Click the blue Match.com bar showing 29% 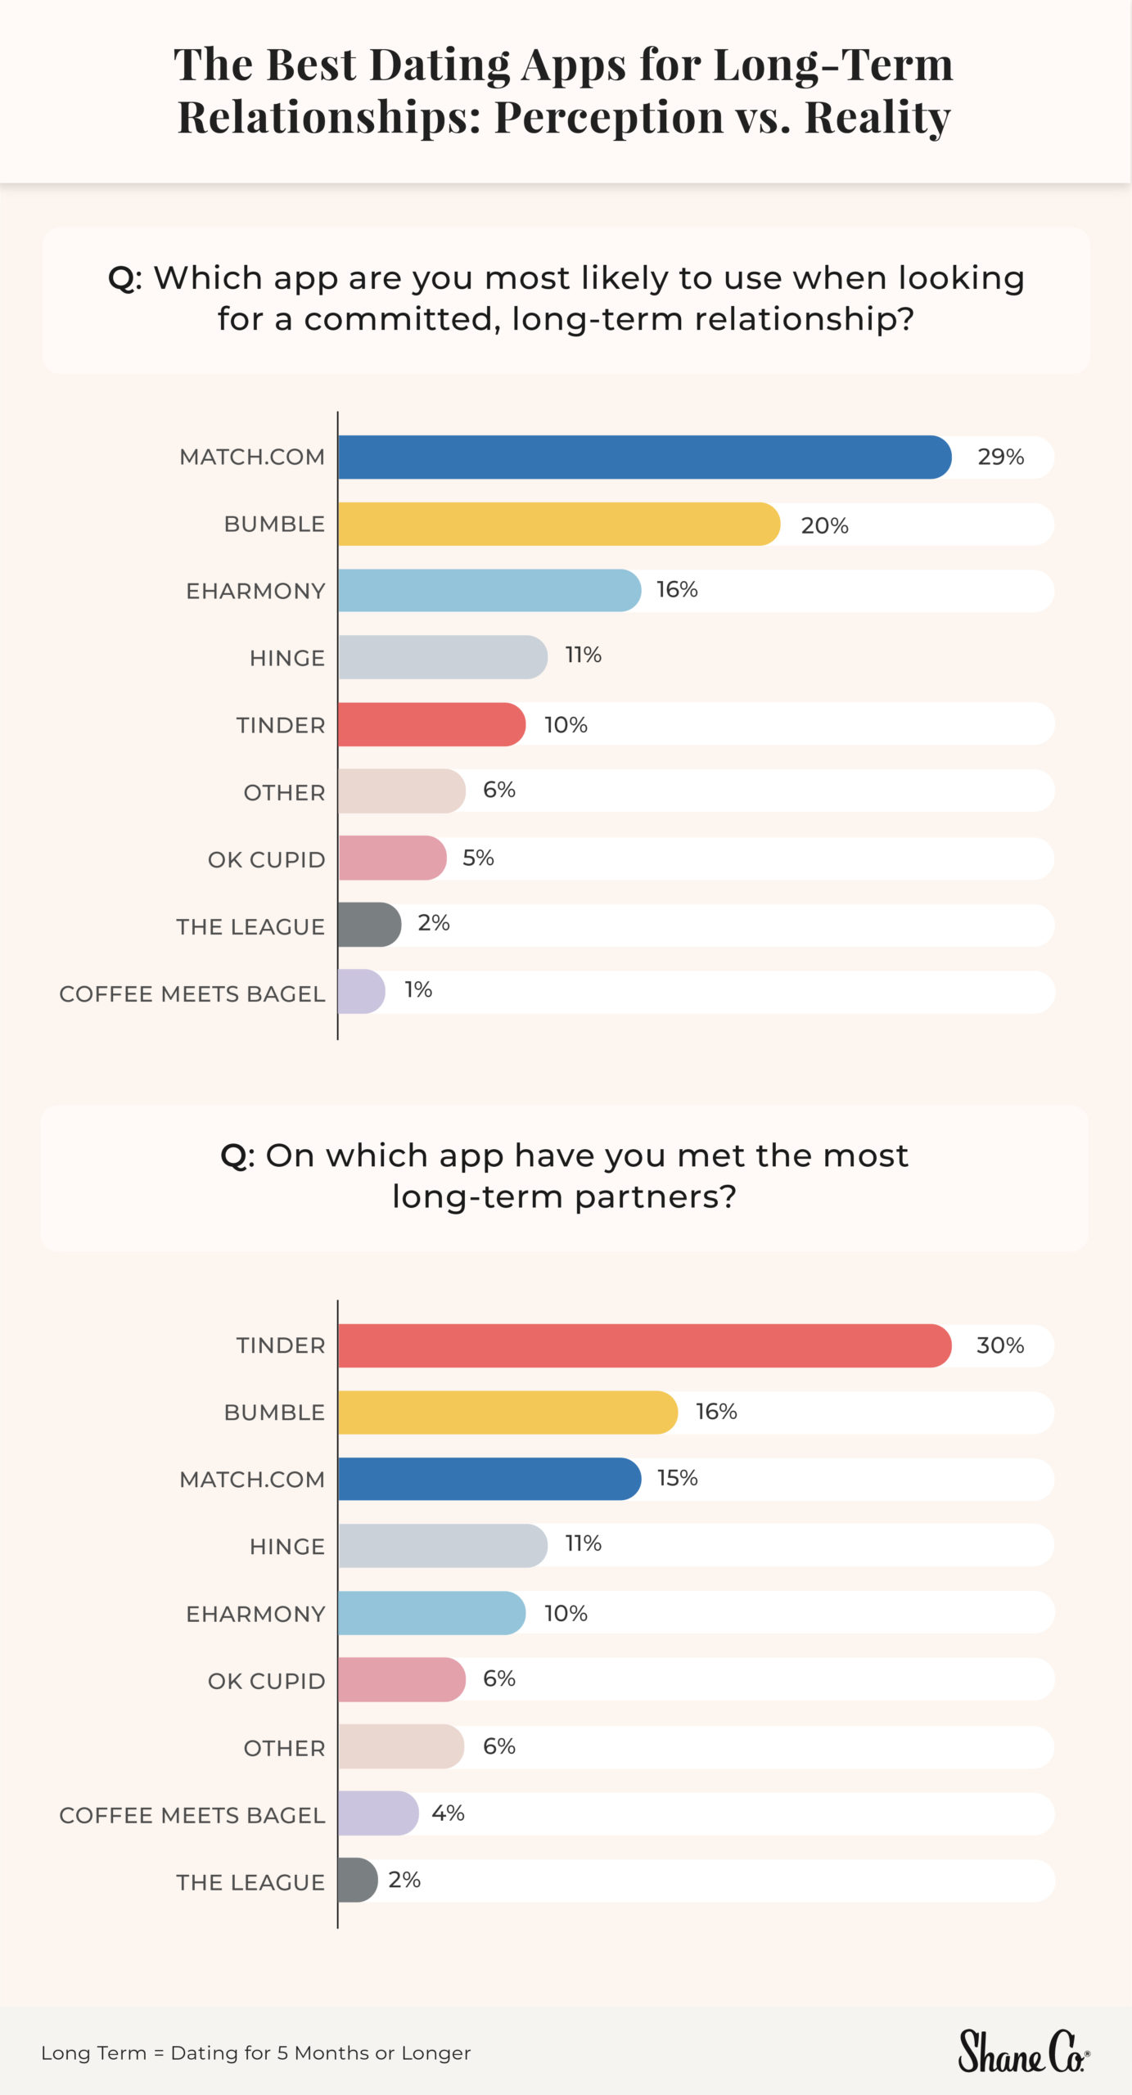[x=644, y=457]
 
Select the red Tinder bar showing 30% [x=644, y=1345]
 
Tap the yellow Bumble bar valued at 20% [x=558, y=524]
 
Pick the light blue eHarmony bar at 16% [x=489, y=591]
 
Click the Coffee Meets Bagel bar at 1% [x=361, y=992]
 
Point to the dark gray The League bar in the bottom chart [x=358, y=1880]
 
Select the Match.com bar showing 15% [x=489, y=1479]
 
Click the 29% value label [x=1000, y=457]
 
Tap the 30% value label [x=999, y=1345]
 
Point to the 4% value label [x=448, y=1813]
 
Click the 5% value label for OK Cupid [x=478, y=858]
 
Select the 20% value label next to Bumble [x=824, y=525]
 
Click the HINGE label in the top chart [x=286, y=658]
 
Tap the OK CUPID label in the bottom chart [x=266, y=1681]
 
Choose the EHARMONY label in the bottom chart [x=255, y=1614]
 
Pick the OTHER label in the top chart [x=284, y=792]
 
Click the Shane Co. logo [x=1023, y=2052]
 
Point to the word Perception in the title [x=608, y=117]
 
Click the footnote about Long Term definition [x=255, y=2053]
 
